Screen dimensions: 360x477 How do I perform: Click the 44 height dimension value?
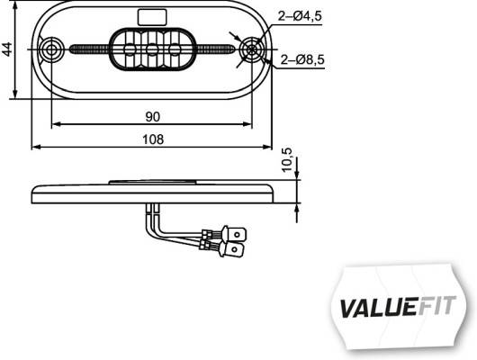[8, 49]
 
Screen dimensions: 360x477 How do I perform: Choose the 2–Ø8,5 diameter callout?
[302, 60]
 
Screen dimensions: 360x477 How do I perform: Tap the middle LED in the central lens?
[152, 49]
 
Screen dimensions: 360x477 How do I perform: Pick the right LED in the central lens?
[174, 49]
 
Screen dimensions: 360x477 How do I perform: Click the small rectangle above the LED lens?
[151, 15]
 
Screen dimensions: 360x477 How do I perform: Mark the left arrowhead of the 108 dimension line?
[34, 146]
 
